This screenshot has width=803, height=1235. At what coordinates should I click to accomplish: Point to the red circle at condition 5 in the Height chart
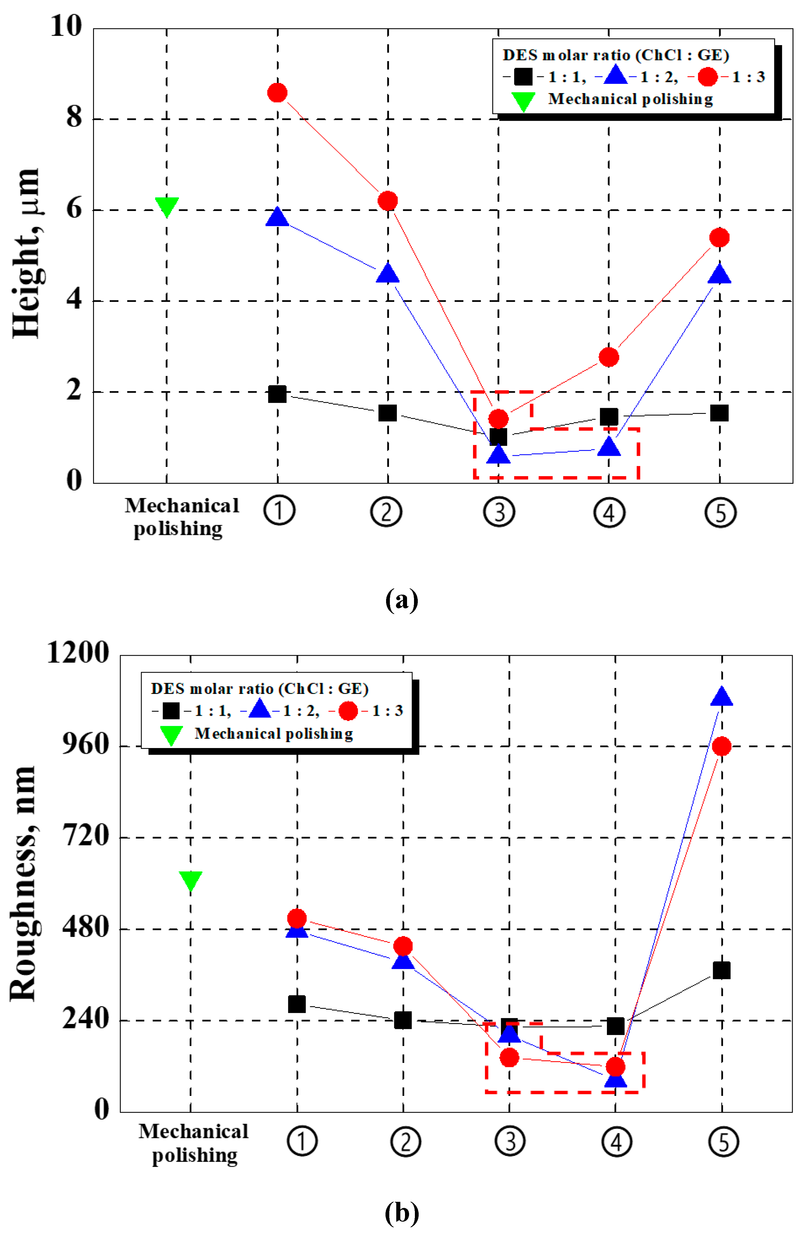[719, 238]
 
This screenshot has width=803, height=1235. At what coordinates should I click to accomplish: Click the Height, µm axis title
[26, 253]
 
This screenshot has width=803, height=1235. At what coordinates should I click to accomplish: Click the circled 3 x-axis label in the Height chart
[499, 512]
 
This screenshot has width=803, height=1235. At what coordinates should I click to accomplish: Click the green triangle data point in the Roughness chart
[190, 880]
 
